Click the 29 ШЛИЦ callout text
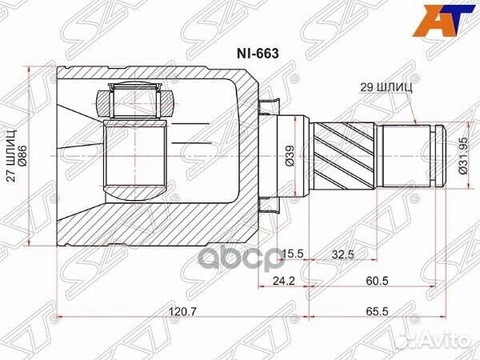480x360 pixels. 382,90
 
